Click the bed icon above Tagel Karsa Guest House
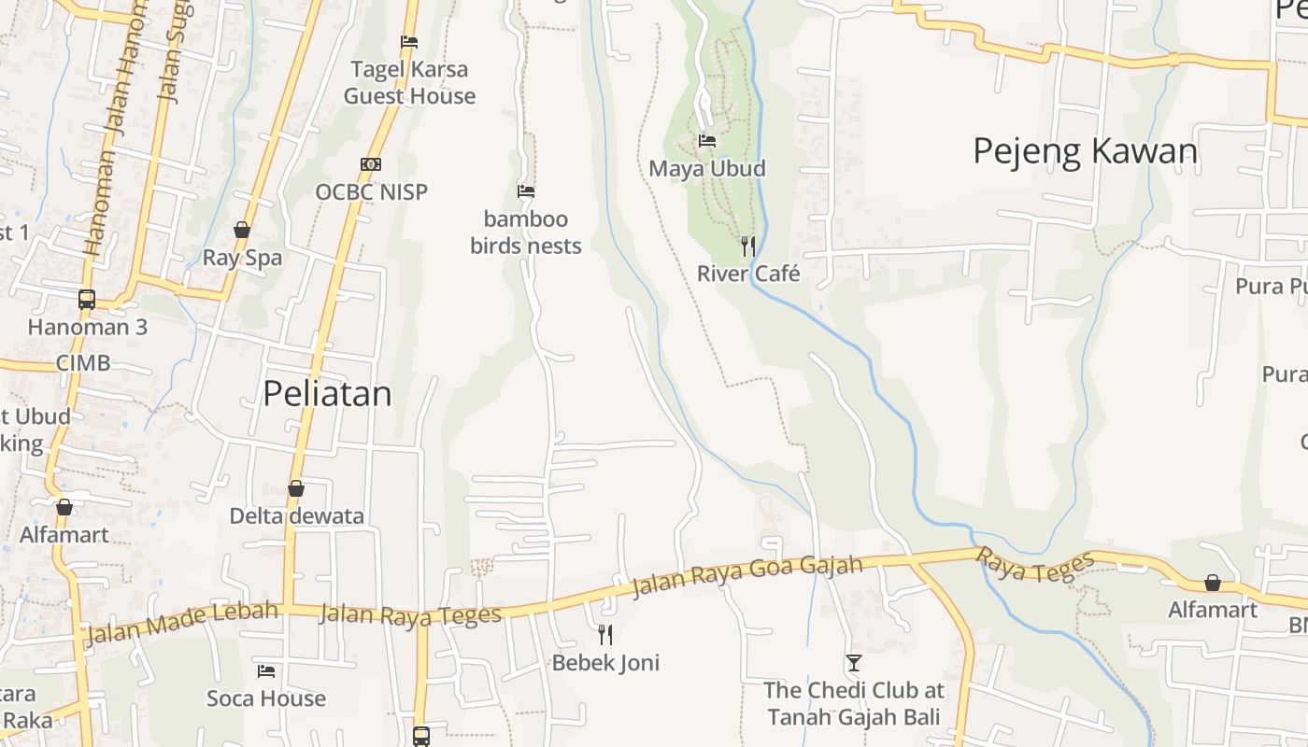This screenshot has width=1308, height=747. (409, 42)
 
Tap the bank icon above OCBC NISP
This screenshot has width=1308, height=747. (371, 164)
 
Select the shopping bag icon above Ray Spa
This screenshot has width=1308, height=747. (242, 230)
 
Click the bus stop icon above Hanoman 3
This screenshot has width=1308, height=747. (87, 300)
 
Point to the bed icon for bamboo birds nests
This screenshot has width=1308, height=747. (526, 191)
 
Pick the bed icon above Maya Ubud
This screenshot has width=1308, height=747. (707, 141)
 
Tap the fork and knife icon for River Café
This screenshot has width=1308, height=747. (748, 247)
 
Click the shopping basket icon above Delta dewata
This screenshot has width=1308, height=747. (296, 488)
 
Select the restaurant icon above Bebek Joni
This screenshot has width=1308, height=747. (605, 635)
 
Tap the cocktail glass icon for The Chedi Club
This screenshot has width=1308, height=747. (853, 663)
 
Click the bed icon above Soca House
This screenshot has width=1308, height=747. (266, 670)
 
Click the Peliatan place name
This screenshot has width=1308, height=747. (327, 394)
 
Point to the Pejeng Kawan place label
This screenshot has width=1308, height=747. (1085, 151)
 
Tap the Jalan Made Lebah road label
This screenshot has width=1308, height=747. (182, 623)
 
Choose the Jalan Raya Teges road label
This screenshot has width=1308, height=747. (410, 614)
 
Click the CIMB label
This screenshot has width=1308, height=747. (83, 363)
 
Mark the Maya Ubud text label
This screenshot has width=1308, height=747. (707, 169)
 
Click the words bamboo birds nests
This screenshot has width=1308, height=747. (526, 233)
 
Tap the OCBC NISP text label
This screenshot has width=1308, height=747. (371, 192)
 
